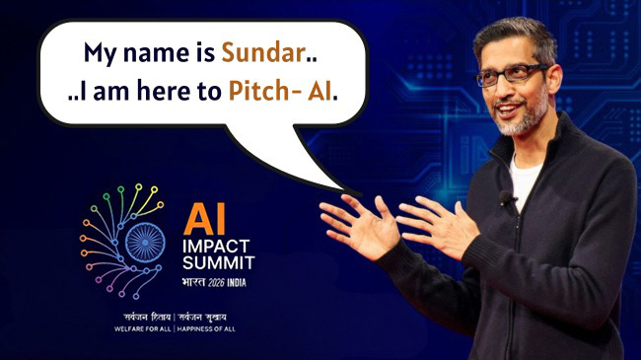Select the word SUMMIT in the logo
[219, 263]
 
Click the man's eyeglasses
[512, 76]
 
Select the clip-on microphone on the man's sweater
[506, 199]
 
